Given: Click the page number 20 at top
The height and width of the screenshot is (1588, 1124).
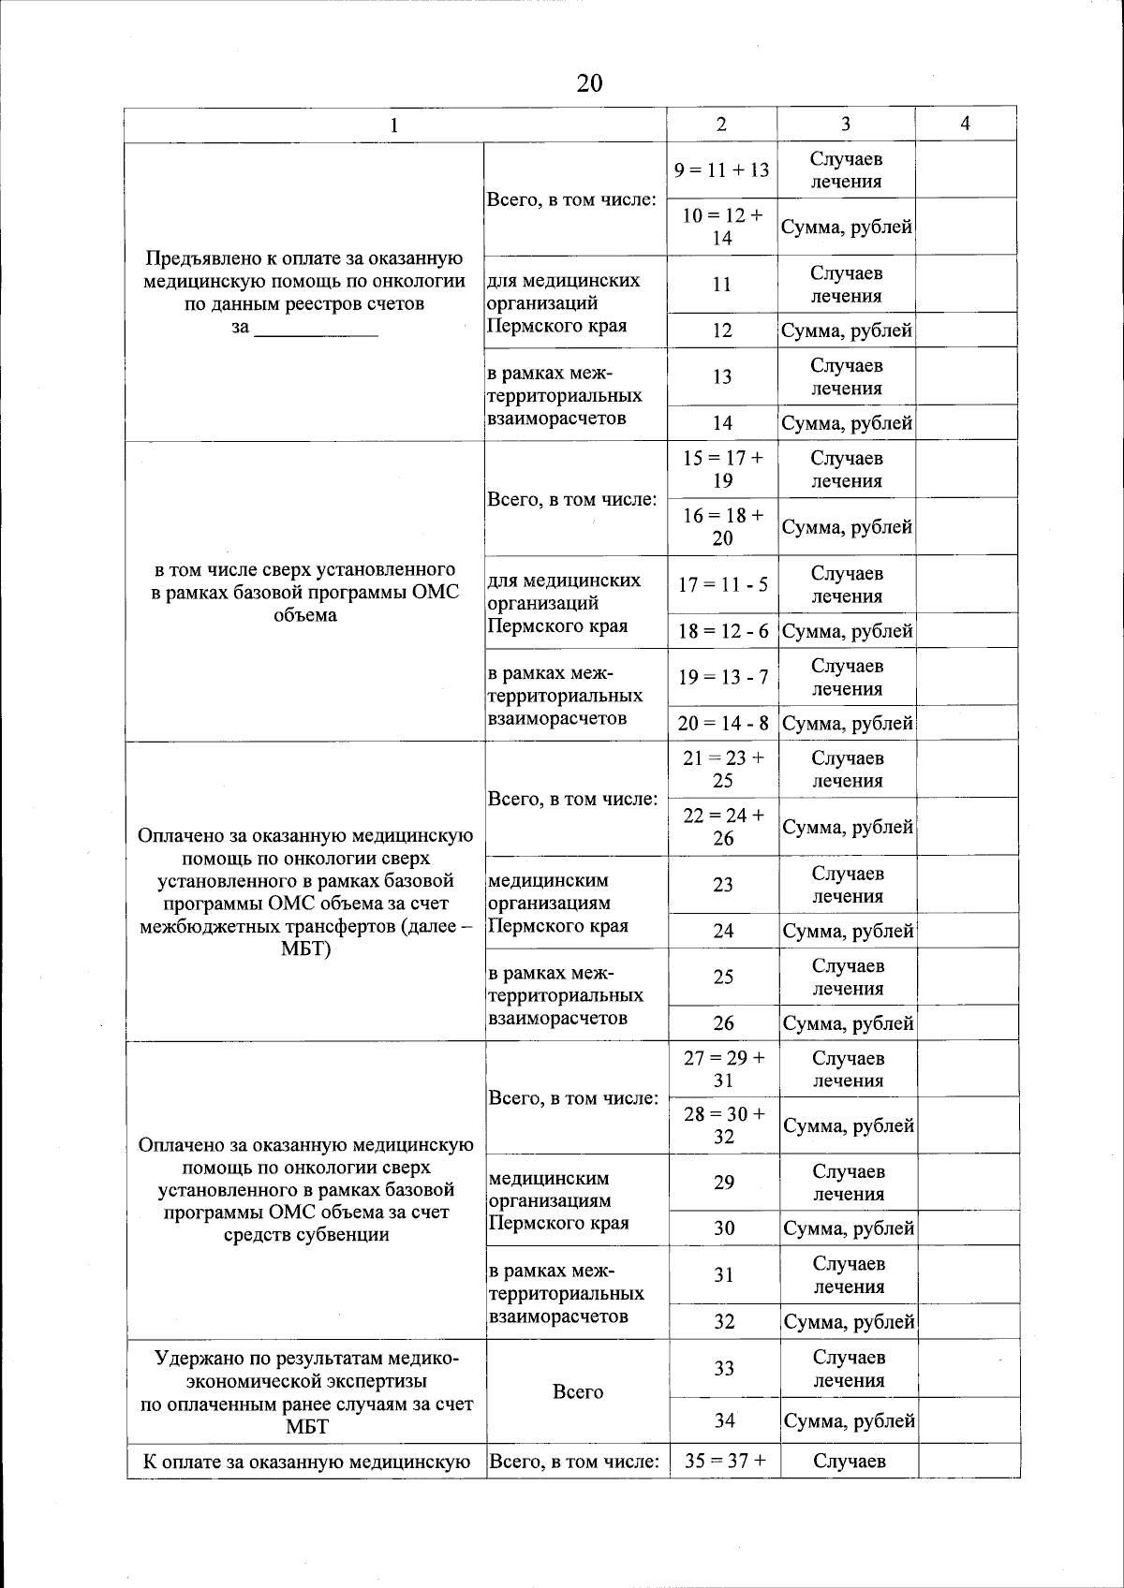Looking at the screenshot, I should (589, 83).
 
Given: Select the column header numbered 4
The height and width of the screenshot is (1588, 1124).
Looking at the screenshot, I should (965, 124).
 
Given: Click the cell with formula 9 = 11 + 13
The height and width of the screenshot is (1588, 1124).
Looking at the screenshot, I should (721, 169).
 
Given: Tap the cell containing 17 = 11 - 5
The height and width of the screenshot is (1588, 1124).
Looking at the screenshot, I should (723, 584).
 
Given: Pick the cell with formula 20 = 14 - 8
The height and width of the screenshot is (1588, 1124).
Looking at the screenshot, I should (723, 723).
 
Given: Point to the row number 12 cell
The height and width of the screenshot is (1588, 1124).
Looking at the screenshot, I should (721, 331).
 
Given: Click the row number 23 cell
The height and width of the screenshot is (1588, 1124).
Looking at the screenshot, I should (723, 884).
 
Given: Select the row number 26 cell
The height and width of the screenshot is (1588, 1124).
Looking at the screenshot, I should (723, 1023).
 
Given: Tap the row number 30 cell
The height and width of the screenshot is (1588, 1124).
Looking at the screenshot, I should (724, 1228).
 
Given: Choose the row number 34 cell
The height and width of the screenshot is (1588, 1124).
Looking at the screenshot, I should (724, 1420).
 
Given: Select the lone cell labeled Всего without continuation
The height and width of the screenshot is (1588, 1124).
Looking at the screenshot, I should (578, 1391).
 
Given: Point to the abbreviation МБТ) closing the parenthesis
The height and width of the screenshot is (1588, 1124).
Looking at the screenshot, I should (305, 948).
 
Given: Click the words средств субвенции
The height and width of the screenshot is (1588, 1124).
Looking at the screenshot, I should (306, 1234).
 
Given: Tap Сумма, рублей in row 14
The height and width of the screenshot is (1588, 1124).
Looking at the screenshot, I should (847, 423).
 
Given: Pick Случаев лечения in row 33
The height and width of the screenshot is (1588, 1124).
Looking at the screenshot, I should (849, 1368).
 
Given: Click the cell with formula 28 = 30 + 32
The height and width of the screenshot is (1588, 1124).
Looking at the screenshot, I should (724, 1125).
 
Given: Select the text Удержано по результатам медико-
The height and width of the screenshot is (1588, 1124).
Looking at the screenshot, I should (306, 1357).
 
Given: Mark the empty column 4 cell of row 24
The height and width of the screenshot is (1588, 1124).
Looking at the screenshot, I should (968, 931).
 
